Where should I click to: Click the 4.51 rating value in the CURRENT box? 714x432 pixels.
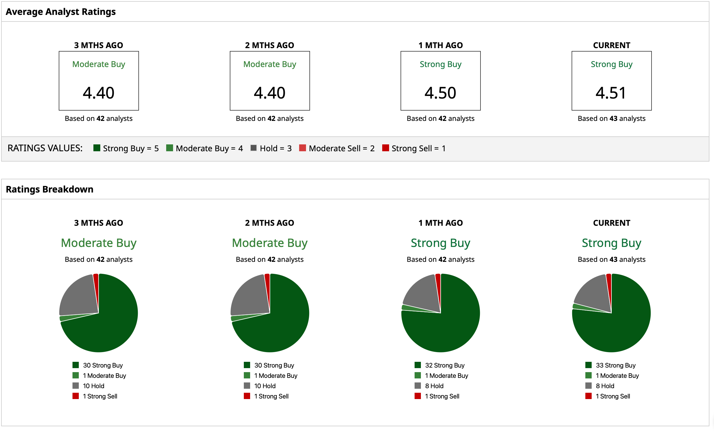pyautogui.click(x=611, y=93)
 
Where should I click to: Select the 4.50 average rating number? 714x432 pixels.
pyautogui.click(x=440, y=93)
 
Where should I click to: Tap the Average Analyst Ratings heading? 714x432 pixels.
pyautogui.click(x=60, y=11)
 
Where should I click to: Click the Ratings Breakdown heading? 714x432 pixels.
pyautogui.click(x=50, y=189)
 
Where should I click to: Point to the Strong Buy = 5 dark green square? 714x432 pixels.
pyautogui.click(x=97, y=148)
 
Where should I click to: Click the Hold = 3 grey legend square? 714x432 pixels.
pyautogui.click(x=254, y=148)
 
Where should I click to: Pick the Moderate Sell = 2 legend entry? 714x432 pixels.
pyautogui.click(x=337, y=148)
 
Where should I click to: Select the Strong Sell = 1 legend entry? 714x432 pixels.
pyautogui.click(x=414, y=148)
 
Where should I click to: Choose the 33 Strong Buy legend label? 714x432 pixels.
pyautogui.click(x=615, y=365)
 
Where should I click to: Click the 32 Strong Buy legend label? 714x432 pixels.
pyautogui.click(x=444, y=365)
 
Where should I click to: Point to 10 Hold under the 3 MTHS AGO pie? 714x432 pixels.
pyautogui.click(x=94, y=386)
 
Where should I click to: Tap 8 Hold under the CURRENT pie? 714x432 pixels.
pyautogui.click(x=605, y=386)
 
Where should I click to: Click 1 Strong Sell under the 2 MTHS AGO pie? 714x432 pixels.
pyautogui.click(x=271, y=396)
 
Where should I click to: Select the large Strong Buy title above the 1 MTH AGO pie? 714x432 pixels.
pyautogui.click(x=440, y=243)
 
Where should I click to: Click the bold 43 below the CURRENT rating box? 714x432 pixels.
pyautogui.click(x=613, y=119)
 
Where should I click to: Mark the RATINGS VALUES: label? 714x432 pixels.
pyautogui.click(x=45, y=148)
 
